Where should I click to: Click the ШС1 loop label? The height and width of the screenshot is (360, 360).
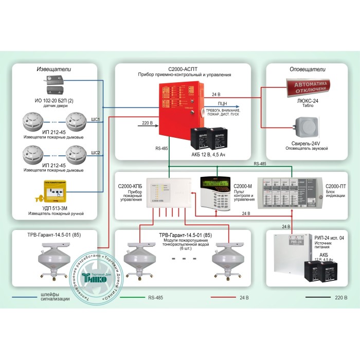(95, 119)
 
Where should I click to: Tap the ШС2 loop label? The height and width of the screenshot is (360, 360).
(95, 152)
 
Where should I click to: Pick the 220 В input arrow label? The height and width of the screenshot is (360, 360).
(147, 122)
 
